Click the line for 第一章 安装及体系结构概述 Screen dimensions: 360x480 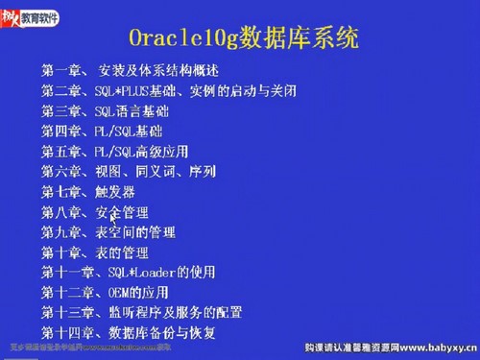point(130,70)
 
